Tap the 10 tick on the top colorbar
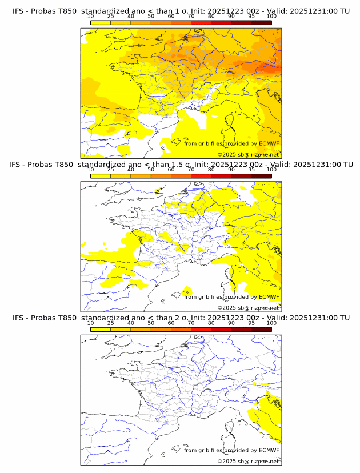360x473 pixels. pos(91,17)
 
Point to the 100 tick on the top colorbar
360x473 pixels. pos(271,17)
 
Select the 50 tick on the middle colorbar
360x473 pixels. pos(151,170)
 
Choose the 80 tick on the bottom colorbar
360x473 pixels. pos(211,323)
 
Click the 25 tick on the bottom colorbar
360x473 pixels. pos(111,323)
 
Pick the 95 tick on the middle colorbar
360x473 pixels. pos(251,170)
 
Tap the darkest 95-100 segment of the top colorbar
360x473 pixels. pos(261,22)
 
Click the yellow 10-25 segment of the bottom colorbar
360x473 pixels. pos(101,329)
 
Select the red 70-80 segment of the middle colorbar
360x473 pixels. pos(201,176)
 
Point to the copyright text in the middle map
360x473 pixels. pos(248,308)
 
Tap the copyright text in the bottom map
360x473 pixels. pos(248,461)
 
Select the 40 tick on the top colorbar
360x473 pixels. pos(131,17)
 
